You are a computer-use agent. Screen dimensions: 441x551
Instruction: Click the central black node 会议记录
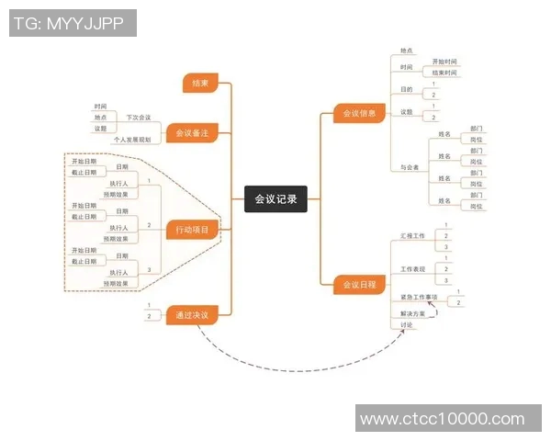pos(275,198)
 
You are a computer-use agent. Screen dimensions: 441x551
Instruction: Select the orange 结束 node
pos(200,84)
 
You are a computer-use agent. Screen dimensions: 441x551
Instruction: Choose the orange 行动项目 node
pos(192,230)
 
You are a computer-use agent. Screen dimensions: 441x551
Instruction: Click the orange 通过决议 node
pos(192,316)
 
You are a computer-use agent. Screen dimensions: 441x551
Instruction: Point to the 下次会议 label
pos(139,118)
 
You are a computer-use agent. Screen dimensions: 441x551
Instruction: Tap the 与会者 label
pos(410,167)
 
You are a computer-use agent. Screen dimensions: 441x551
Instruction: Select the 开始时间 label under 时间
pos(444,61)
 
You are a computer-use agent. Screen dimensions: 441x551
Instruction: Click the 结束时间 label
pos(444,72)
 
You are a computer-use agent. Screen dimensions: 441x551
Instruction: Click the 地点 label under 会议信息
pos(406,51)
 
